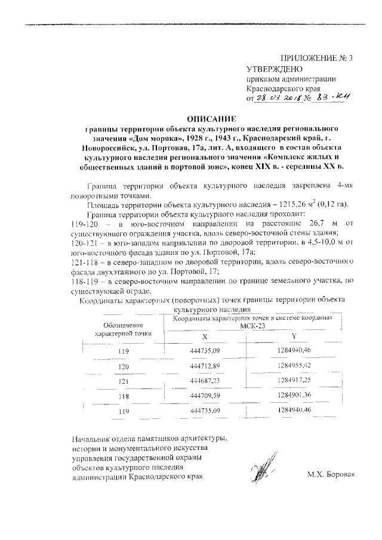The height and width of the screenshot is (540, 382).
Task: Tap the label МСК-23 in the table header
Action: [x=247, y=326]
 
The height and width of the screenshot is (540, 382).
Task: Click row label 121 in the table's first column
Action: [x=124, y=381]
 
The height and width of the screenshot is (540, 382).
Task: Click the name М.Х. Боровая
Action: [x=331, y=475]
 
